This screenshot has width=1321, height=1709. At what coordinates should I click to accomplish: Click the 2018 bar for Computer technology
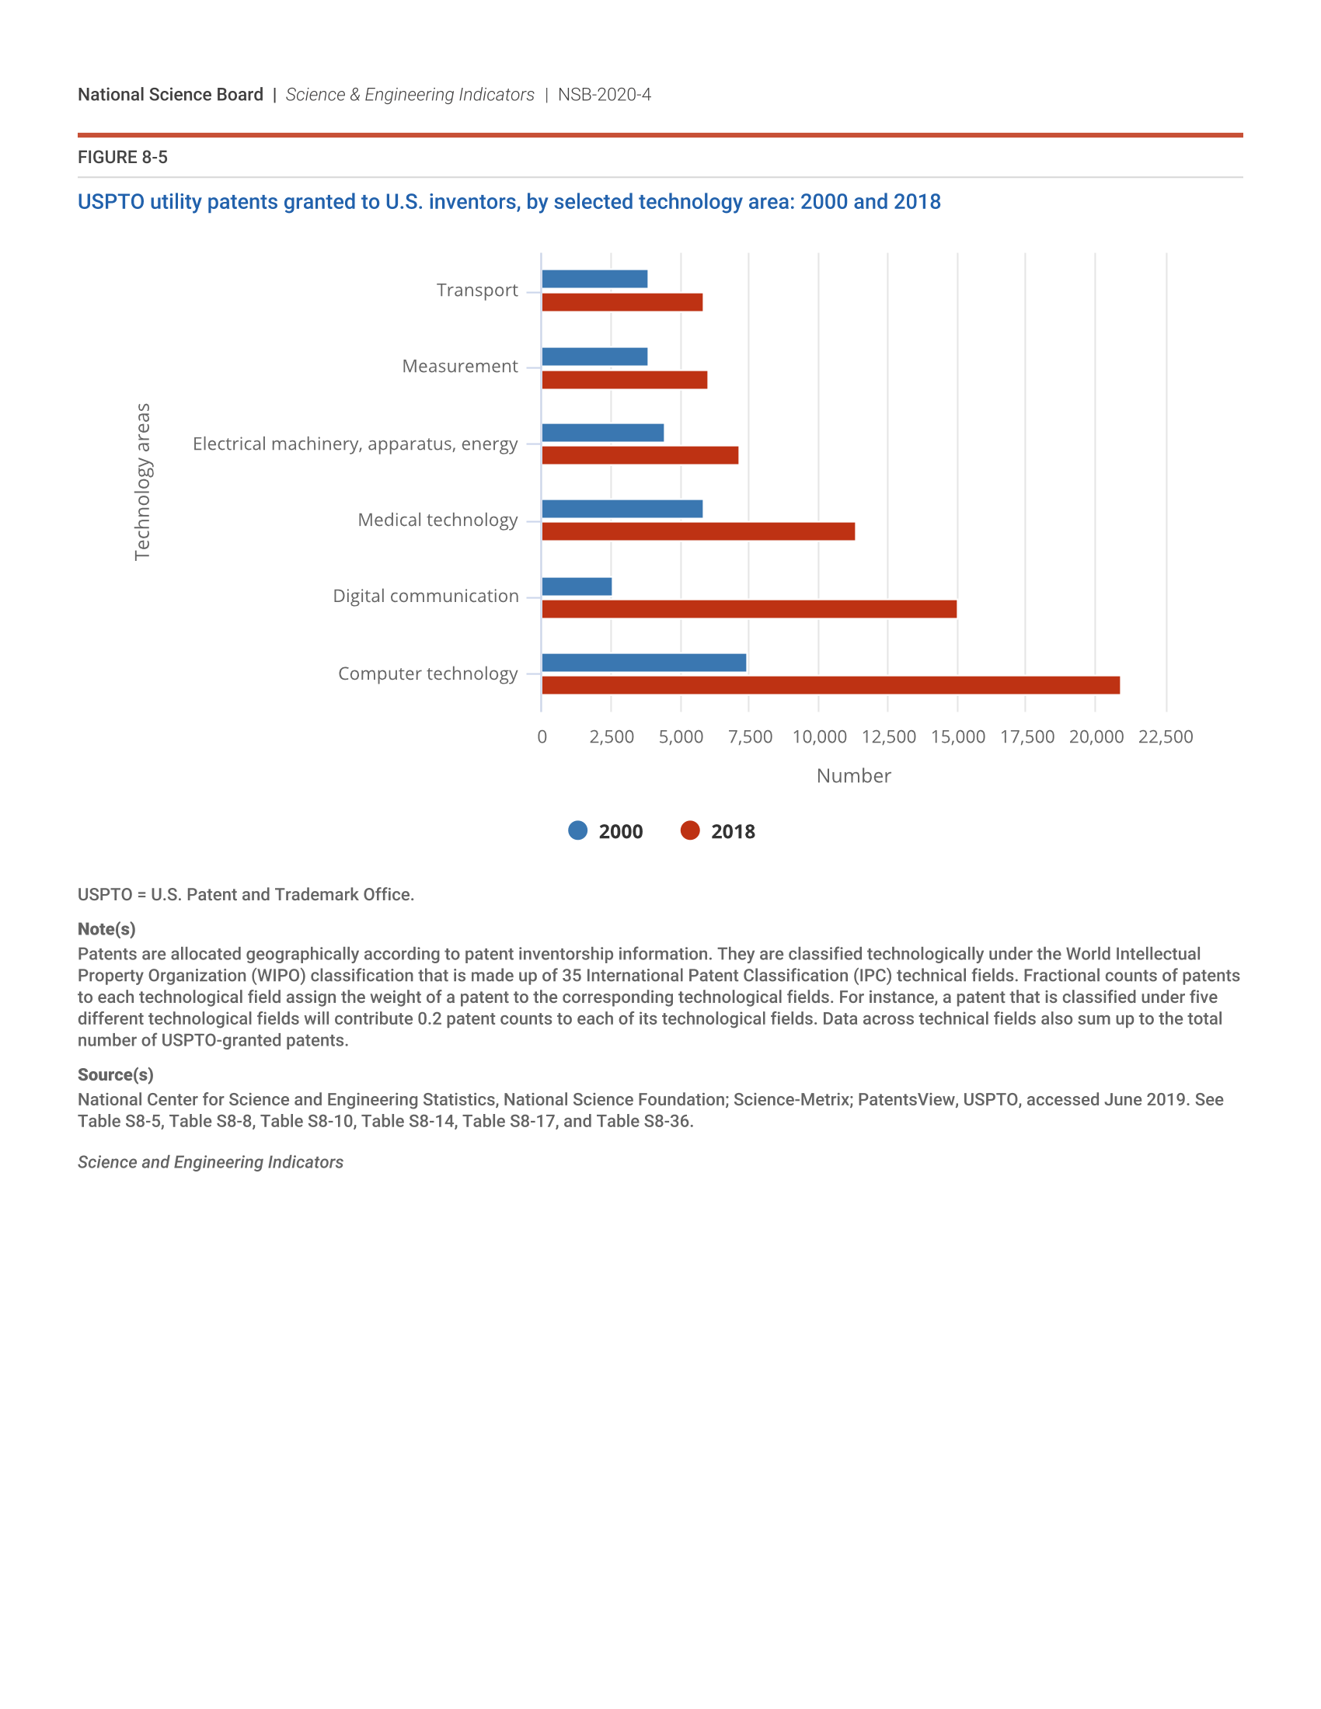click(x=831, y=685)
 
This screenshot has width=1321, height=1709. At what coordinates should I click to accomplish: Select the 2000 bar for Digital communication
click(x=577, y=586)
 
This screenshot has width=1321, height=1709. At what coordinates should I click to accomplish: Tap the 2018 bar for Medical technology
click(x=698, y=532)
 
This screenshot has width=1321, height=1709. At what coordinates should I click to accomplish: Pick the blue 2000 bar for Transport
click(x=594, y=279)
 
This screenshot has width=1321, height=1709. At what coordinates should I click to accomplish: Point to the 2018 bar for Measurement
click(x=625, y=381)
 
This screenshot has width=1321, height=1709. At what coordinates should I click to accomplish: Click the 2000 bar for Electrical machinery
click(x=602, y=433)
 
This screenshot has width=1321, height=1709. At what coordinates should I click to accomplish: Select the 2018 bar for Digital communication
click(x=749, y=609)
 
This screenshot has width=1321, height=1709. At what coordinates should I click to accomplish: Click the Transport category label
click(x=476, y=291)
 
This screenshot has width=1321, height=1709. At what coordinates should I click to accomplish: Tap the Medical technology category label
click(x=437, y=520)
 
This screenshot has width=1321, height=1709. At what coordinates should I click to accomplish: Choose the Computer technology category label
click(x=427, y=674)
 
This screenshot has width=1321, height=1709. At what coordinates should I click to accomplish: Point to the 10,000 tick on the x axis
click(x=819, y=736)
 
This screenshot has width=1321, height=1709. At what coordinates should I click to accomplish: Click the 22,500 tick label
click(x=1166, y=736)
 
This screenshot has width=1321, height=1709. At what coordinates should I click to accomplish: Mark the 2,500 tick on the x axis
click(x=612, y=736)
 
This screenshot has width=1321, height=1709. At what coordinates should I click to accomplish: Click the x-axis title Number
click(x=853, y=775)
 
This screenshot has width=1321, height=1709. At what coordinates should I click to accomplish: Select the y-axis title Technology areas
click(x=142, y=482)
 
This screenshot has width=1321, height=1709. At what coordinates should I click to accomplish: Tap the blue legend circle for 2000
click(x=577, y=831)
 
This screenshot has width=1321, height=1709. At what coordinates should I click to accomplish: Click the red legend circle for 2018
click(x=689, y=831)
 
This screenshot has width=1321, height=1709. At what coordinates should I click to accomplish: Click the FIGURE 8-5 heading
click(x=122, y=157)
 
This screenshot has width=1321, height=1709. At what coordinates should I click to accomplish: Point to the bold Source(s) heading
click(x=115, y=1074)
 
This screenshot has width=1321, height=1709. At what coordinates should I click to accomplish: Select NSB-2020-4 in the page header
click(x=604, y=95)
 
